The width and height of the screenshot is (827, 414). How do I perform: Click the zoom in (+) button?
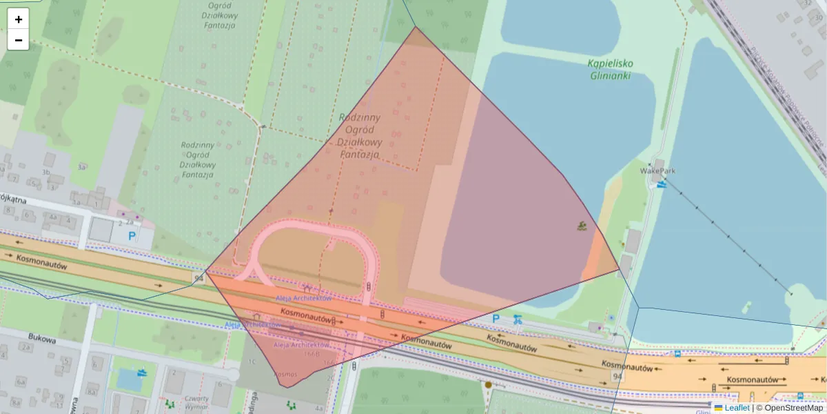click(x=19, y=19)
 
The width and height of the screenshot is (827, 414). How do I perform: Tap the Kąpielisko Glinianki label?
click(x=610, y=69)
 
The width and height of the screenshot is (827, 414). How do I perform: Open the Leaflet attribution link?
click(x=736, y=408)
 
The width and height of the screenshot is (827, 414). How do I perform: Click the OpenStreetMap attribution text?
click(x=793, y=408)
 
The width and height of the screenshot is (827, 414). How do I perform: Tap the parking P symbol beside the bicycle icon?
click(x=496, y=319)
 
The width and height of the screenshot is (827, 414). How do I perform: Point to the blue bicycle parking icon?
click(x=518, y=319)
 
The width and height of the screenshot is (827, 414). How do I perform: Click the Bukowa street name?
click(x=41, y=337)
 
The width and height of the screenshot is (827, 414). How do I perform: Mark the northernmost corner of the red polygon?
click(x=415, y=27)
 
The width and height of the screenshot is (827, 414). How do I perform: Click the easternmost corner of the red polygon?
click(x=619, y=270)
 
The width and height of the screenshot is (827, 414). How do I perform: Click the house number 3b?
click(x=46, y=172)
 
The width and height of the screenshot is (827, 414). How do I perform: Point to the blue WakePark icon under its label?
click(x=662, y=184)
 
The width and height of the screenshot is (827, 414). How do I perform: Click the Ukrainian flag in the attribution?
click(x=718, y=408)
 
